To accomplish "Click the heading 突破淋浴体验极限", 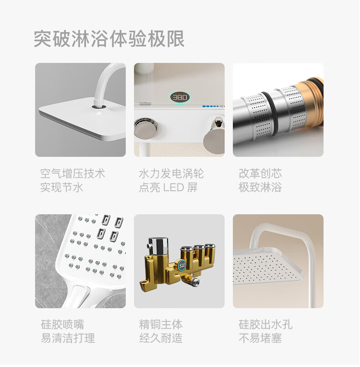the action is [x=109, y=39].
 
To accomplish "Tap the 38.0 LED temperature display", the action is [x=180, y=97].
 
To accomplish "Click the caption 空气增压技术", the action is [x=72, y=173].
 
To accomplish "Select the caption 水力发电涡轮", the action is [x=171, y=173].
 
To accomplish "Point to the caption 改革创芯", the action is [x=260, y=173].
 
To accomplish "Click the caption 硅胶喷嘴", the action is [x=62, y=325].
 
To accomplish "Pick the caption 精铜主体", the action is [x=161, y=325].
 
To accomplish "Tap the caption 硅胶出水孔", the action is [x=266, y=325].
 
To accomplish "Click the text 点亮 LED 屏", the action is [x=168, y=187].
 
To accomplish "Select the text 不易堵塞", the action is [x=260, y=338].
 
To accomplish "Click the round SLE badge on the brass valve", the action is [x=182, y=265].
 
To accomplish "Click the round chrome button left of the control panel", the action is [x=145, y=128].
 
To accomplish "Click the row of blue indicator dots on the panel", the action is [x=211, y=106].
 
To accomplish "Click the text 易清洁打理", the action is [x=68, y=338].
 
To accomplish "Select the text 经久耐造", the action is [x=161, y=338].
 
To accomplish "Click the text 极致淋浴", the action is [x=260, y=187].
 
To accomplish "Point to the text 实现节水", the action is [x=62, y=187].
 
